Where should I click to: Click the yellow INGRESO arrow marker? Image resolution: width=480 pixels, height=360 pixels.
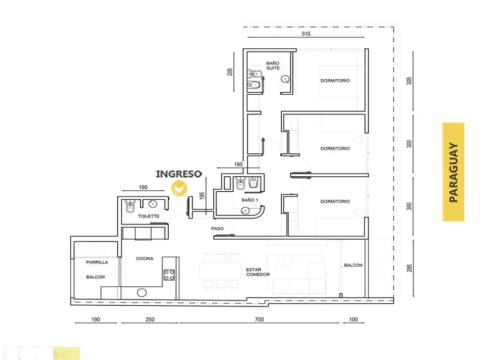[x=179, y=188]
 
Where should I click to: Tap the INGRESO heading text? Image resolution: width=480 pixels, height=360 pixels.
[x=179, y=174]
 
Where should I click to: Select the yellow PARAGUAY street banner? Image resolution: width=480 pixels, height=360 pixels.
[x=453, y=172]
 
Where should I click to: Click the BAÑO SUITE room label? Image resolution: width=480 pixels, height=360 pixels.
[x=273, y=66]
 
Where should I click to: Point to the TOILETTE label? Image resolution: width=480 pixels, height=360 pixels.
[x=149, y=216]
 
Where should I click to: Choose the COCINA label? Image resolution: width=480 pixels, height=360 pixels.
[x=144, y=258]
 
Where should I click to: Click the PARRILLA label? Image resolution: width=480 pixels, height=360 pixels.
[x=97, y=262]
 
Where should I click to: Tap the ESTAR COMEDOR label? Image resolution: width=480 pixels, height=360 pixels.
[x=258, y=272]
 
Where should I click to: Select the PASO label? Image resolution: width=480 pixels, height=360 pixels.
[x=217, y=228]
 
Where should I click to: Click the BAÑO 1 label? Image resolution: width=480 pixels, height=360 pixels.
[x=250, y=200]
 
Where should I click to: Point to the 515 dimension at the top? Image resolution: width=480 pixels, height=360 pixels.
[x=306, y=34]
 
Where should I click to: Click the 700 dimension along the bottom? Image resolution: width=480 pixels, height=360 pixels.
[x=259, y=319]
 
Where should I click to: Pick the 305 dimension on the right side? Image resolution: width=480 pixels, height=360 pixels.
[x=409, y=81]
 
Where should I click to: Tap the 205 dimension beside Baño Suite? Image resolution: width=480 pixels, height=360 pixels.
[x=230, y=72]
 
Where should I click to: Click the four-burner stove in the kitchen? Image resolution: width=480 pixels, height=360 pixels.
[x=169, y=275]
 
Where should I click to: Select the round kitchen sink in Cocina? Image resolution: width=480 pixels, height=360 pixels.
[x=142, y=292]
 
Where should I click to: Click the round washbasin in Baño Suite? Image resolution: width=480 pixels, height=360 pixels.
[x=285, y=80]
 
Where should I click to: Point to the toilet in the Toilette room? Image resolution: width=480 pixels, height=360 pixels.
[x=130, y=206]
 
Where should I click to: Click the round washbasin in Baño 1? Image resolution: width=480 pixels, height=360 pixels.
[x=245, y=210]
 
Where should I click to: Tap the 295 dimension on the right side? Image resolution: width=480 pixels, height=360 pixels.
[x=409, y=268]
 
